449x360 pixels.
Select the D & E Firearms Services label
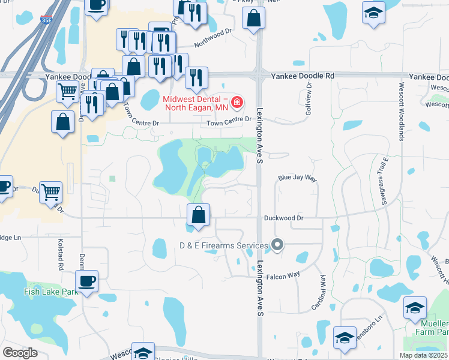pyautogui.click(x=223, y=245)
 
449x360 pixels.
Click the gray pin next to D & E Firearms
pyautogui.click(x=277, y=245)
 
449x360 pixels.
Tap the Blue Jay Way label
pyautogui.click(x=297, y=178)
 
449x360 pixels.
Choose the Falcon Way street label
pyautogui.click(x=283, y=275)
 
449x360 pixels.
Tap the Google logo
pyautogui.click(x=20, y=353)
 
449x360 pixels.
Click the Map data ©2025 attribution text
pyautogui.click(x=423, y=355)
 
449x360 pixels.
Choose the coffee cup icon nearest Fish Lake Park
pyautogui.click(x=86, y=281)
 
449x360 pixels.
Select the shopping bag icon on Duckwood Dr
pyautogui.click(x=198, y=215)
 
